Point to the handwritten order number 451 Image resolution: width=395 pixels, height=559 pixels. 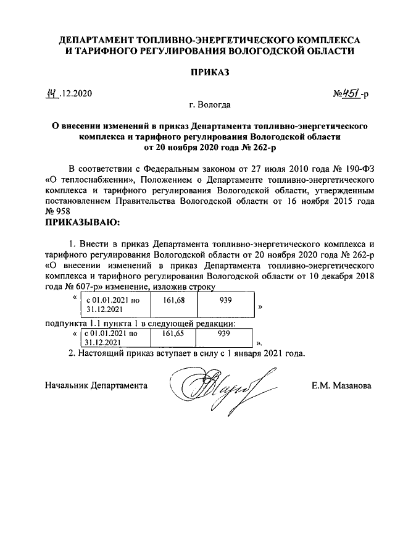coord(351,94)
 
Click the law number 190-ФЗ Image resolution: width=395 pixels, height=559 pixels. coord(354,168)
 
